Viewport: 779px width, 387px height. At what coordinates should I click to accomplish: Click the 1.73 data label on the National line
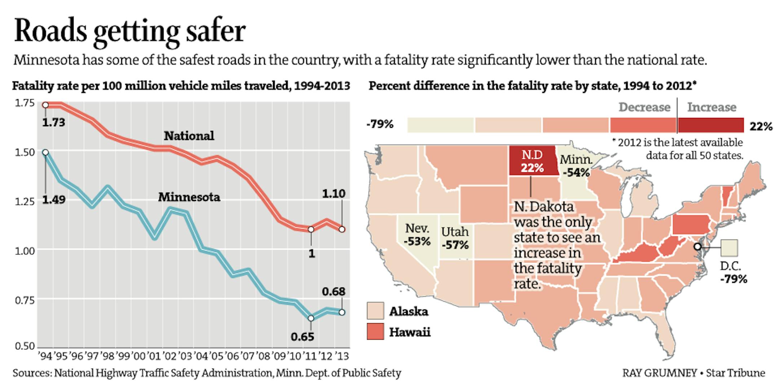53,122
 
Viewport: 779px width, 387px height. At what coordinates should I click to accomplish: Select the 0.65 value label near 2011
302,337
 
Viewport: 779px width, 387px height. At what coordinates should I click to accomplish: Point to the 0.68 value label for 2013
334,291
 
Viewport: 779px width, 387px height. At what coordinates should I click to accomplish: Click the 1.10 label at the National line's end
334,193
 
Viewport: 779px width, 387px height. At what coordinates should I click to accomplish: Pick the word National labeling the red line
189,136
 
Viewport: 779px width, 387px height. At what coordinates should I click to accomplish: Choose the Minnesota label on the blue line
189,197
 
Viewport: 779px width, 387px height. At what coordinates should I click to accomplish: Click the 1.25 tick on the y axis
25,201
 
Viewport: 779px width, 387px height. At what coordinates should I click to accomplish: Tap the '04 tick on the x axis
201,356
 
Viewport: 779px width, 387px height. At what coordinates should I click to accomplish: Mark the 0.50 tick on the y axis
25,346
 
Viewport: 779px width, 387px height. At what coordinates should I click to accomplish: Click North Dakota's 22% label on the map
532,168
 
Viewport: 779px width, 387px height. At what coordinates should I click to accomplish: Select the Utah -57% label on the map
455,238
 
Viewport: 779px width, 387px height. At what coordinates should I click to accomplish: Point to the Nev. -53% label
417,234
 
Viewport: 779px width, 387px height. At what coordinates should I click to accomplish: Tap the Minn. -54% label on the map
576,166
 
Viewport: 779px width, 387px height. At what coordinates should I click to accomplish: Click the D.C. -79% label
733,272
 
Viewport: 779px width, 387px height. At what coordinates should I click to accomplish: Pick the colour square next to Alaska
375,311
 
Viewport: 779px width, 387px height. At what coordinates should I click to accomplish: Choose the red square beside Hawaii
375,331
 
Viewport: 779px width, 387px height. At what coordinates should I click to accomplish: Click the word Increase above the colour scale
712,107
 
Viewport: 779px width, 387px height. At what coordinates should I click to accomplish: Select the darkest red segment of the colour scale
710,125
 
